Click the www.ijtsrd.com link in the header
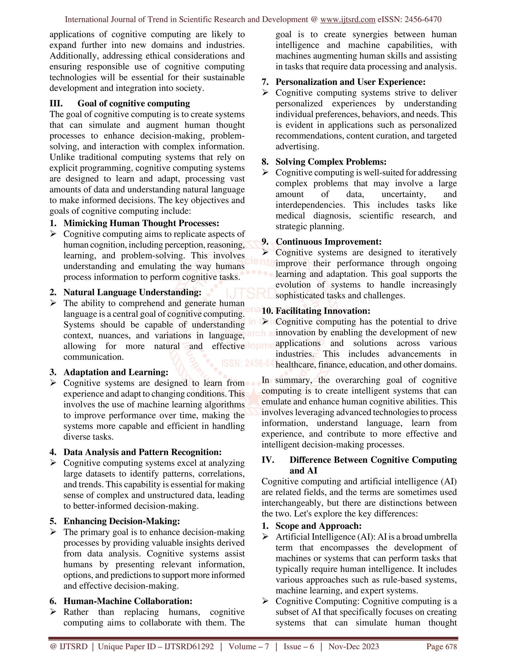click(x=348, y=20)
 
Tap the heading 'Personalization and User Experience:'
click(x=350, y=82)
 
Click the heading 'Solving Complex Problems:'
click(x=331, y=162)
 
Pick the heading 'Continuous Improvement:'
click(x=328, y=242)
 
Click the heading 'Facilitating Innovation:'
click(x=323, y=311)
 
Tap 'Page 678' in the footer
click(x=441, y=646)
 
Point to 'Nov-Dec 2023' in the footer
click(x=354, y=646)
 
